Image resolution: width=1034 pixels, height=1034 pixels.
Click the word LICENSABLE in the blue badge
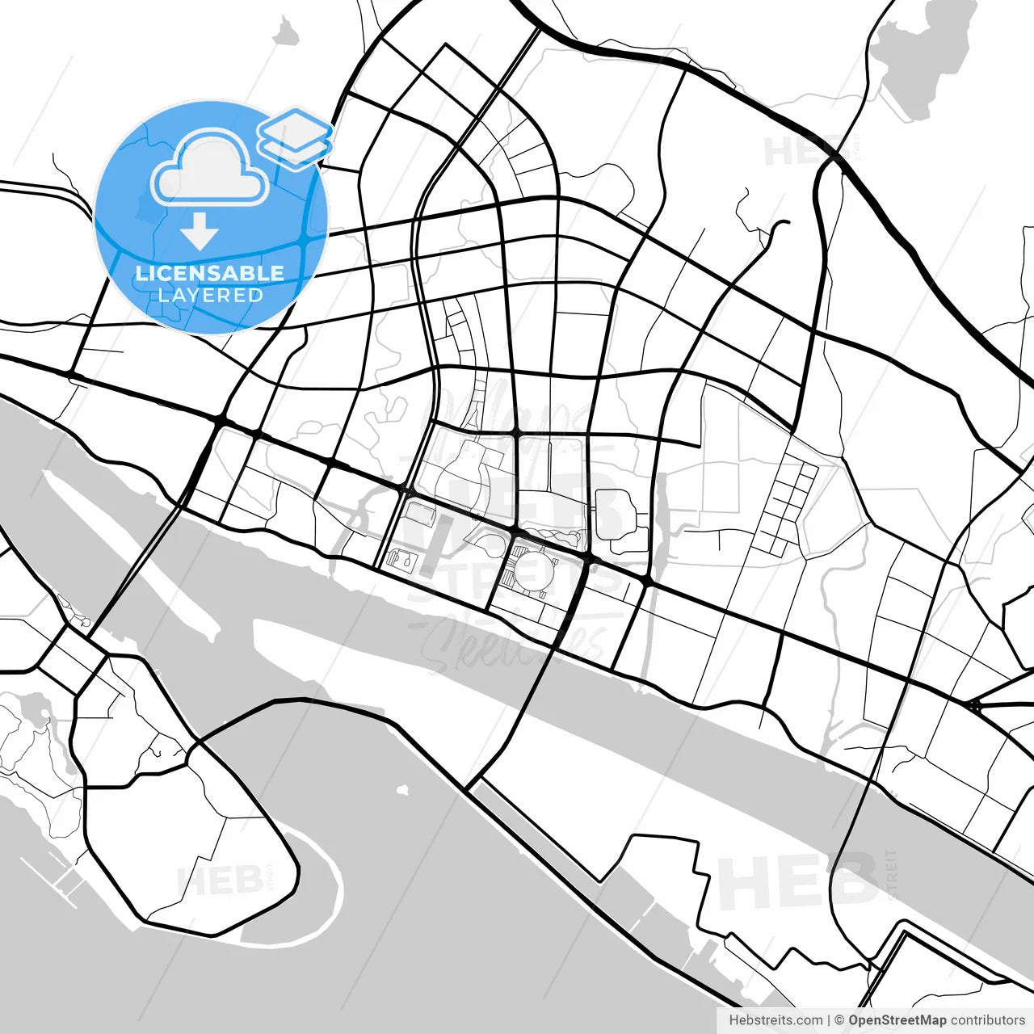point(210,273)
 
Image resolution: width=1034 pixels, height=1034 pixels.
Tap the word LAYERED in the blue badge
point(210,295)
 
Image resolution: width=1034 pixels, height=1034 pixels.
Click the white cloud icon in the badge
point(210,168)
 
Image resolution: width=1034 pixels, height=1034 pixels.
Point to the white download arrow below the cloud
point(199,233)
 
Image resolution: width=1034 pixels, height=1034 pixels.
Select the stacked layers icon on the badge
point(295,137)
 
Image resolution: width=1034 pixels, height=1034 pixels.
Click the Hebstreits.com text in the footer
point(775,1020)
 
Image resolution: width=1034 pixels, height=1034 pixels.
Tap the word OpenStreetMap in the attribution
point(897,1020)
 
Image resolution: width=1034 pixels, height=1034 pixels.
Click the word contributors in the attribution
point(987,1020)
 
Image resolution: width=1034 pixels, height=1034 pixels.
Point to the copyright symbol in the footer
point(839,1020)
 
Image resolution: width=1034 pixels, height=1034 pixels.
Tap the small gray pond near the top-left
point(284,32)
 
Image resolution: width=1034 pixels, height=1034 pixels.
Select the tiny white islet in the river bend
point(401,788)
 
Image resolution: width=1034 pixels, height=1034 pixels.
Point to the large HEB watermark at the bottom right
point(796,881)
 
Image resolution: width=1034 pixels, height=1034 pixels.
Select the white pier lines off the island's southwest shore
point(57,881)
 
